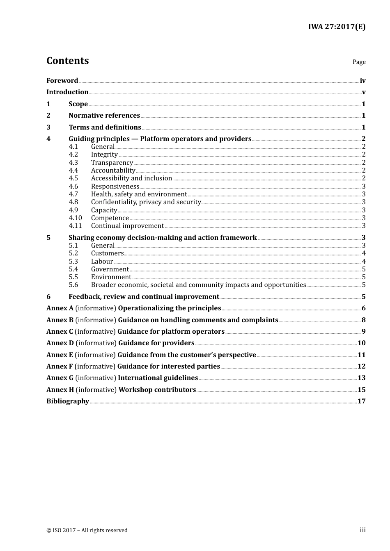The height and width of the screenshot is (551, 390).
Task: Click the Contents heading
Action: click(x=67, y=61)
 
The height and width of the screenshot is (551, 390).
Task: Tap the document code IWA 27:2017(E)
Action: click(x=337, y=27)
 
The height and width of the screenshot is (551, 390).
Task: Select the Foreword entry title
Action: click(x=62, y=81)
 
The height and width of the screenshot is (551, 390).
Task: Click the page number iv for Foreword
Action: click(x=362, y=81)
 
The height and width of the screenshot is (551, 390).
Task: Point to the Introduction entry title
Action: click(x=67, y=92)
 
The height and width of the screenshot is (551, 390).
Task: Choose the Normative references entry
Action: click(x=104, y=116)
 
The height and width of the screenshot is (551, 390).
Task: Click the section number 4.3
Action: click(x=73, y=162)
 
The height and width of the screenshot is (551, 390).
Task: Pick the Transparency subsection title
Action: click(x=112, y=163)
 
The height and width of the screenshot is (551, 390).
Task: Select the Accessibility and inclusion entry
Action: click(x=131, y=178)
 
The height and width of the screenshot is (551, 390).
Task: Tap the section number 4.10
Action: click(x=75, y=218)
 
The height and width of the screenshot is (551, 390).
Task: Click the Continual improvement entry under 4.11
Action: click(x=127, y=226)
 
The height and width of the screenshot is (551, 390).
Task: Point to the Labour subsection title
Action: click(x=102, y=262)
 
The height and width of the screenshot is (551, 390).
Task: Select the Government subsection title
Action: click(x=110, y=269)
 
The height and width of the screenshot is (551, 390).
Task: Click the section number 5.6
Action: click(x=73, y=285)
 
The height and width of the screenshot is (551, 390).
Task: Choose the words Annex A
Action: click(x=60, y=308)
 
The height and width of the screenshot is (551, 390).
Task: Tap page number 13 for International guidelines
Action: click(x=361, y=378)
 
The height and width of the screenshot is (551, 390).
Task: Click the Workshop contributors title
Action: click(x=157, y=390)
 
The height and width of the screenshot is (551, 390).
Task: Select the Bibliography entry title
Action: click(x=68, y=401)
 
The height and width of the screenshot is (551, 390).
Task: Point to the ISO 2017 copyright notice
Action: click(x=87, y=531)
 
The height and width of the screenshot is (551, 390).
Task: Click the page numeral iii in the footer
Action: click(x=362, y=530)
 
